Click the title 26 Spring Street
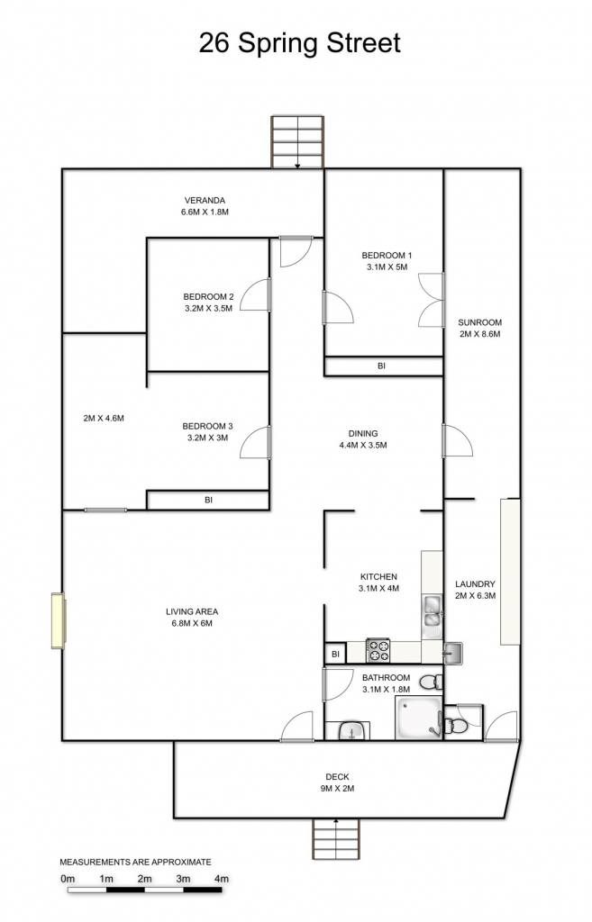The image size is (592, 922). (x=299, y=43)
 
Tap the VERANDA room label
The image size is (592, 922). (x=205, y=200)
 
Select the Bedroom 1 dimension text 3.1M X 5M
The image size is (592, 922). (x=387, y=267)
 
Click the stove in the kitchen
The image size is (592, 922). (x=378, y=650)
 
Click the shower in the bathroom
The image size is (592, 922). (x=419, y=718)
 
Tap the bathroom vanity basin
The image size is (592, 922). (x=354, y=731)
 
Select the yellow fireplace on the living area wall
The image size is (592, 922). (x=59, y=621)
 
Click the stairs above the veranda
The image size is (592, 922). (x=297, y=142)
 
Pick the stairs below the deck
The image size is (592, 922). (x=335, y=838)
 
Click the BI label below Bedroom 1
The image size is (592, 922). (x=381, y=366)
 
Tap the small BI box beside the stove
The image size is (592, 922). (x=335, y=654)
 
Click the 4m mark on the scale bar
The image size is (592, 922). (x=222, y=879)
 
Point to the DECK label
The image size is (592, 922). (x=337, y=777)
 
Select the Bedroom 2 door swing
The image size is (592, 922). (x=255, y=294)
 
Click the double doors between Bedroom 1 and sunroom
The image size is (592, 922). (x=431, y=300)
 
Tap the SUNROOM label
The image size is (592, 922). (x=479, y=322)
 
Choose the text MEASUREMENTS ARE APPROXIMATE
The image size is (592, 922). (x=135, y=862)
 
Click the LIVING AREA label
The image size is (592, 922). (x=192, y=611)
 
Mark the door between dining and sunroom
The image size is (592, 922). (x=457, y=440)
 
